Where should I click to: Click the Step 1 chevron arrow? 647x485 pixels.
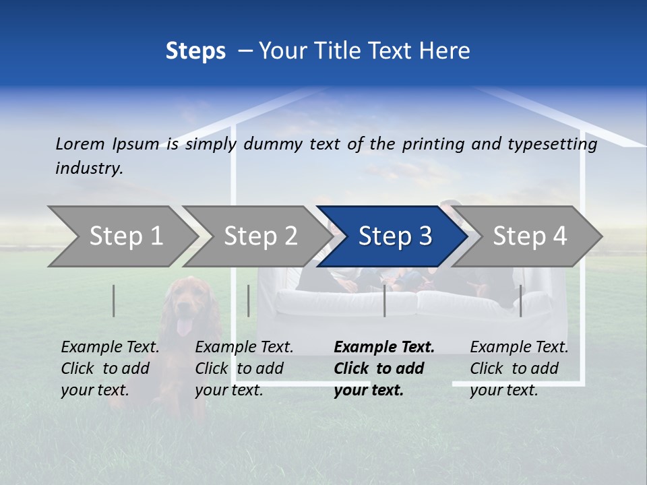tap(125, 236)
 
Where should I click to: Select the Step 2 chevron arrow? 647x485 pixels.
tap(260, 236)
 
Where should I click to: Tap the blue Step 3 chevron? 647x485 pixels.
tap(394, 236)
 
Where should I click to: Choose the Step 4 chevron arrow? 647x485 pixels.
tap(529, 236)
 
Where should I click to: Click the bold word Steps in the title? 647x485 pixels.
tap(195, 51)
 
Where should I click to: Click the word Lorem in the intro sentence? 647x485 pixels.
tap(80, 143)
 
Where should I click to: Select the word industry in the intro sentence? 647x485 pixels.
tap(89, 168)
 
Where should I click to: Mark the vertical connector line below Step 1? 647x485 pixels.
tap(114, 300)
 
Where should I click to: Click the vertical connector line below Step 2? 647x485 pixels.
tap(249, 300)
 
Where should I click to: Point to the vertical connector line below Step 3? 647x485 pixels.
tap(385, 300)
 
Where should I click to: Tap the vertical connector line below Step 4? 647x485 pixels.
tap(520, 300)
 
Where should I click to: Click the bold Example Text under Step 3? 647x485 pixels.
tap(384, 348)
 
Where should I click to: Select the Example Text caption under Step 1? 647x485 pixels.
tap(110, 348)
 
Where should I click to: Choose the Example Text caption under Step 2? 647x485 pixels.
tap(244, 348)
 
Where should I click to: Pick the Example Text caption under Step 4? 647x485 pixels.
tap(519, 348)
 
